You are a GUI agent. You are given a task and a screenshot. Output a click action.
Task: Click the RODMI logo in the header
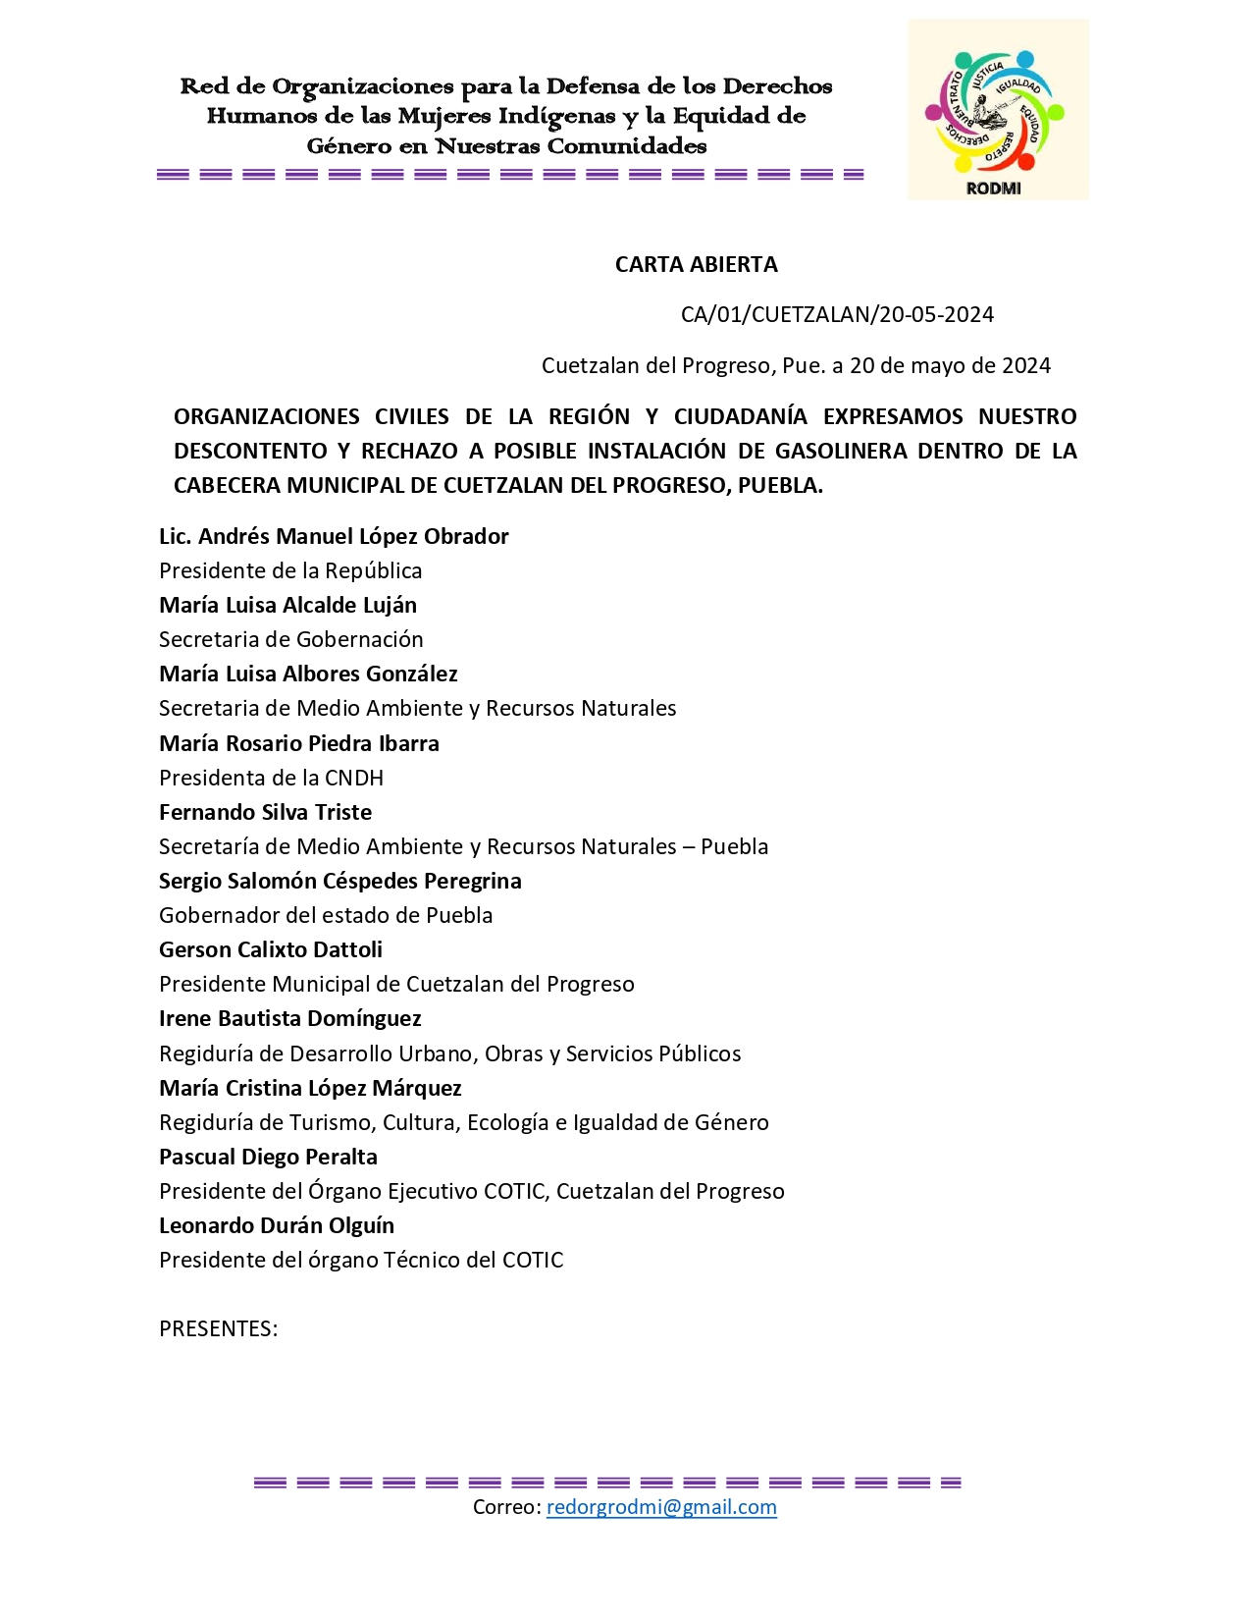997,110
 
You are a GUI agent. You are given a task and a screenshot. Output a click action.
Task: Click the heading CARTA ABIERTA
696,264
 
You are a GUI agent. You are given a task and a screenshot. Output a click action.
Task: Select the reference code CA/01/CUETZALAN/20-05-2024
837,314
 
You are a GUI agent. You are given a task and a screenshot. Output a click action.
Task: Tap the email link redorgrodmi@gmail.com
661,1507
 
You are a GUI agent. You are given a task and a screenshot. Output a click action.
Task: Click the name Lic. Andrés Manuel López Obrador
334,536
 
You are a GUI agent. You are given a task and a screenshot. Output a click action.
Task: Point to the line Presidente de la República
290,570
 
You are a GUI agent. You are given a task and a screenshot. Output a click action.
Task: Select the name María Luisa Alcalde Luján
287,605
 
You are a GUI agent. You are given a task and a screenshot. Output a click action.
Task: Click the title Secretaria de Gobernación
291,639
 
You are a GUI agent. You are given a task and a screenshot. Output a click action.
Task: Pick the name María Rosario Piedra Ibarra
299,743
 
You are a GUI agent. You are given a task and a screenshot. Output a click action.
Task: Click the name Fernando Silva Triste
265,812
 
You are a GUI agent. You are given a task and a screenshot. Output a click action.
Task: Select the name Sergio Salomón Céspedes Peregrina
339,881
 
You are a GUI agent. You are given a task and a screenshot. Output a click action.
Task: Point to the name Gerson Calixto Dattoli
271,949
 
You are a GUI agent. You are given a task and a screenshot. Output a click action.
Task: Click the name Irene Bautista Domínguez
290,1018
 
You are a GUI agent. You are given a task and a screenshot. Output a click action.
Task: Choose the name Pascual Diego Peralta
268,1157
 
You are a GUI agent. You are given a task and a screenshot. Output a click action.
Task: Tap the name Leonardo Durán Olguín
277,1225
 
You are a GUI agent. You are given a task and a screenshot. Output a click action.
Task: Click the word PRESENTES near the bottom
218,1328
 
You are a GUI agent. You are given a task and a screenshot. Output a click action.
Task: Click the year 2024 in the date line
1025,365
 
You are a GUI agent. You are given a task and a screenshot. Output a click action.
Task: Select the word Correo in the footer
505,1507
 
